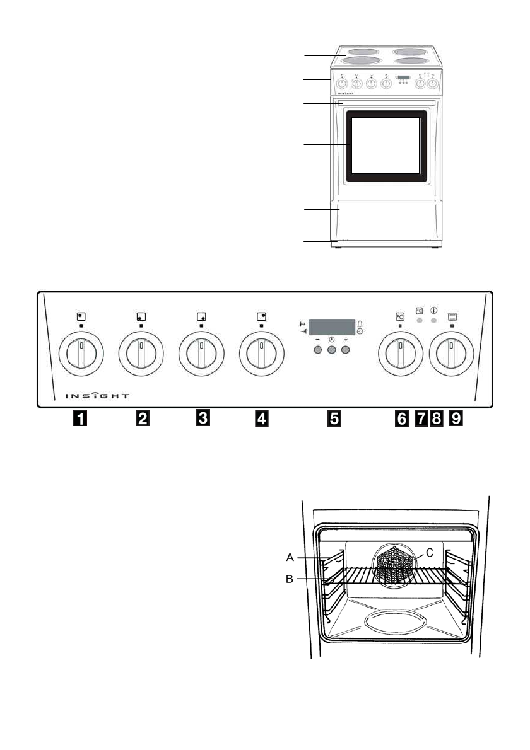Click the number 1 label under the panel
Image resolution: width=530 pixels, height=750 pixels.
78,417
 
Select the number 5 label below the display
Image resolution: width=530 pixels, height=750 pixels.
334,417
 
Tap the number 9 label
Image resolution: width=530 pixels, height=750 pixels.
455,417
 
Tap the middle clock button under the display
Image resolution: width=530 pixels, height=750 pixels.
331,349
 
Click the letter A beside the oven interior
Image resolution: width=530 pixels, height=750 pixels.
290,557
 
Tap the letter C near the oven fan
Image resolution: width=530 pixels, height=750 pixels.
430,553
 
